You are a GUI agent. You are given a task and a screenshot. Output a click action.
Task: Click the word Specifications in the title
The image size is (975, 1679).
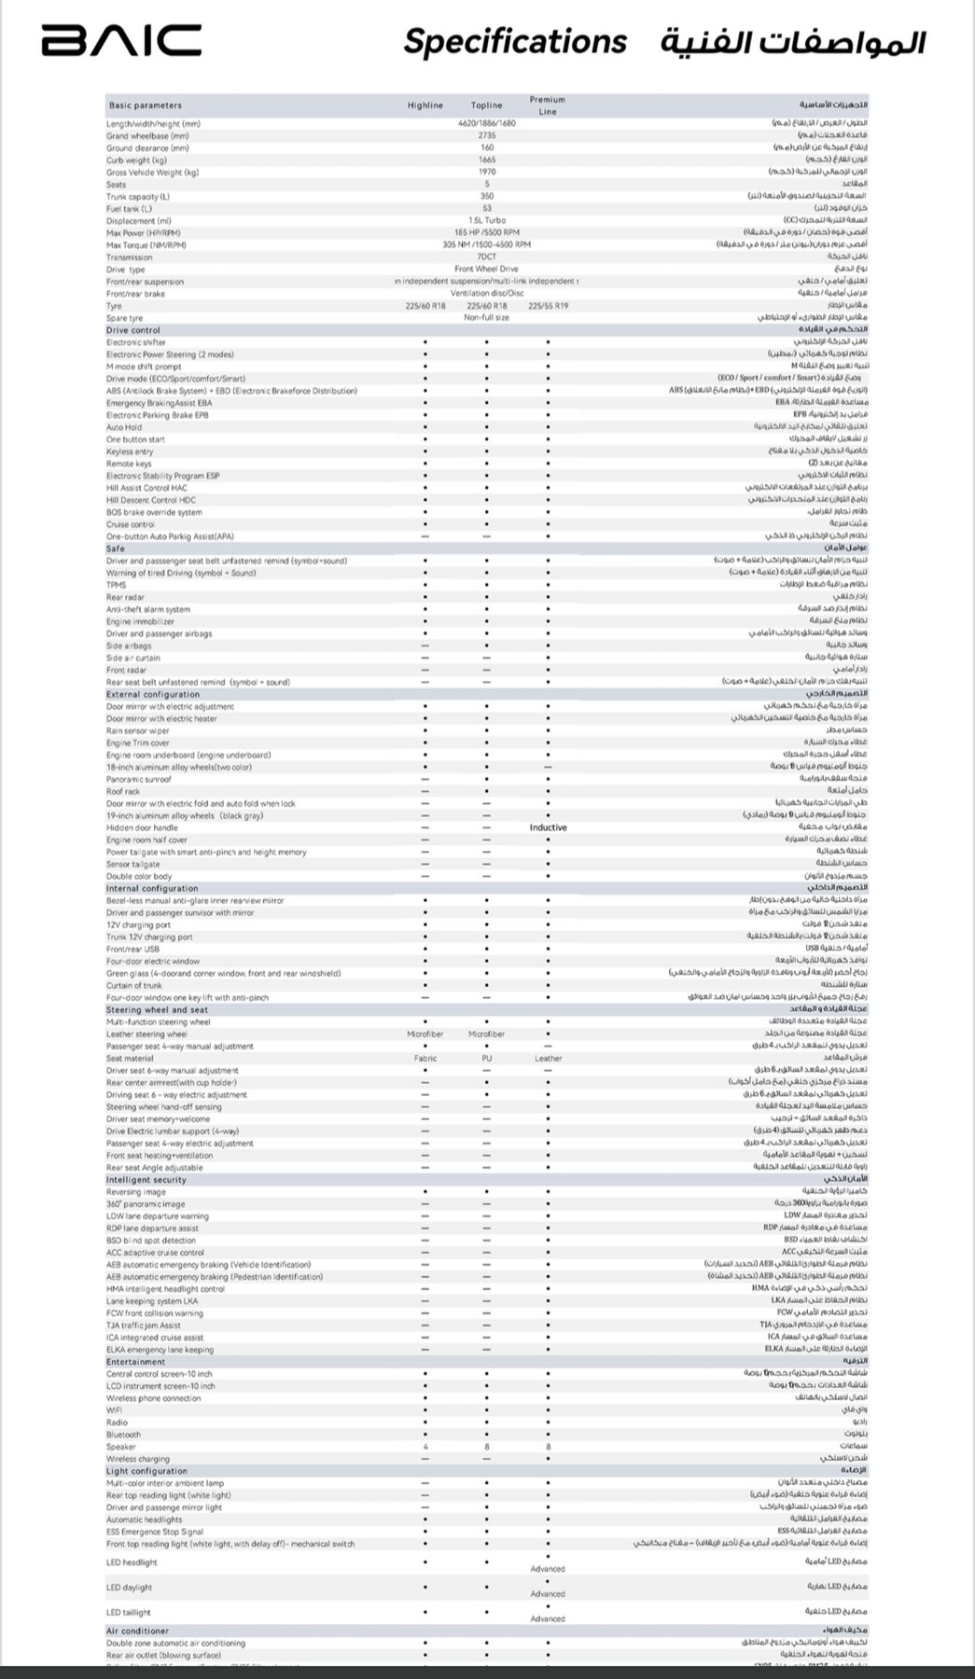tap(515, 42)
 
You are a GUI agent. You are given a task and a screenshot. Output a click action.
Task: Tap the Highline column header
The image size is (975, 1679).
tap(425, 105)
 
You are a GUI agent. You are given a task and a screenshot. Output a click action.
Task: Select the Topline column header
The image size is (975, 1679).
tap(487, 105)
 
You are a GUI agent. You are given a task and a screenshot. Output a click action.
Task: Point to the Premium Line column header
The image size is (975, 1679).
tap(548, 105)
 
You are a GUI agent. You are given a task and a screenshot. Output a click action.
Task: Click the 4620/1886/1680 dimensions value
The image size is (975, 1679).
tap(487, 123)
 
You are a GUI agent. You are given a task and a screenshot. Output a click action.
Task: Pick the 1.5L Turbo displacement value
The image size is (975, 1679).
tap(487, 221)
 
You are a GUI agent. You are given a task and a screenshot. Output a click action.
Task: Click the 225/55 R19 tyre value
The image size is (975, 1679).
tap(548, 306)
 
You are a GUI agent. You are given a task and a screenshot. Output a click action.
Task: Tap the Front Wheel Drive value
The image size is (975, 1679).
tap(487, 270)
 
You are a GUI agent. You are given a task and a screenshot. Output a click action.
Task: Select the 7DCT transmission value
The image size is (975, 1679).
tap(487, 257)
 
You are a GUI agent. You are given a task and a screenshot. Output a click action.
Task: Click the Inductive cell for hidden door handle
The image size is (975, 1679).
tap(548, 827)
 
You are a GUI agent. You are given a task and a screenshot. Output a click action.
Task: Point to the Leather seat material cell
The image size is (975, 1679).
tap(549, 1059)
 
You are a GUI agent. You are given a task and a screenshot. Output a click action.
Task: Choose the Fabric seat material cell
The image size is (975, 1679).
tap(425, 1059)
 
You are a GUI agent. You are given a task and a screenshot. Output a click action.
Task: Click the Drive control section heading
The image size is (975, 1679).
tap(133, 330)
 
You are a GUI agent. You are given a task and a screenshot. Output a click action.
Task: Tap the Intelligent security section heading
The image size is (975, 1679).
tap(146, 1180)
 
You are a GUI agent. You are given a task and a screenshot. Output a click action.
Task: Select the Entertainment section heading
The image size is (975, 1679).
tap(135, 1362)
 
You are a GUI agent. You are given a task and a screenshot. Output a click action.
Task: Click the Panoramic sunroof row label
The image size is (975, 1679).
tap(139, 779)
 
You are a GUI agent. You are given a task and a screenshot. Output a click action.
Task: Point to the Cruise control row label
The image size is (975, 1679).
tap(131, 524)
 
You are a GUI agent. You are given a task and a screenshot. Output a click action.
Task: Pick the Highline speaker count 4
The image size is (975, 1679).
tap(425, 1447)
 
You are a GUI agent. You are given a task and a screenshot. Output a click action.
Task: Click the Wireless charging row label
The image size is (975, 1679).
tap(138, 1459)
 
